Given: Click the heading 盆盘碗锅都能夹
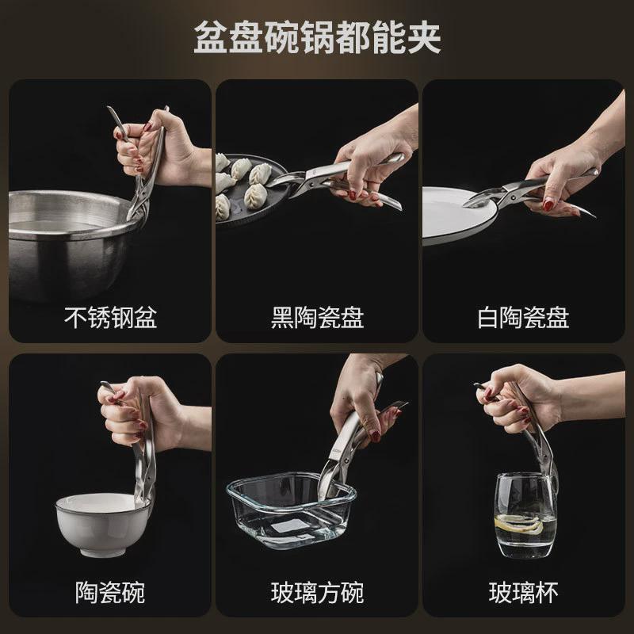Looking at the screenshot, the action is [317, 37].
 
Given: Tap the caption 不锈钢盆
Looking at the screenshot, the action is [110, 318].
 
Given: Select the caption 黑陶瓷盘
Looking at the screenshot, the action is [318, 318].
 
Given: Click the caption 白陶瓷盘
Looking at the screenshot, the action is [524, 318].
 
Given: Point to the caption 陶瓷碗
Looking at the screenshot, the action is [110, 593].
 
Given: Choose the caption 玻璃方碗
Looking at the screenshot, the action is [318, 593].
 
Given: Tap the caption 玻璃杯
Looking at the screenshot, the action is [524, 593].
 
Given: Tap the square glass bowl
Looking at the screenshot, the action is [291, 510].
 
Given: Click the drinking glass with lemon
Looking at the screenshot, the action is [525, 516].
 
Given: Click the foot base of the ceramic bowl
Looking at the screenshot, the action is [103, 552].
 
